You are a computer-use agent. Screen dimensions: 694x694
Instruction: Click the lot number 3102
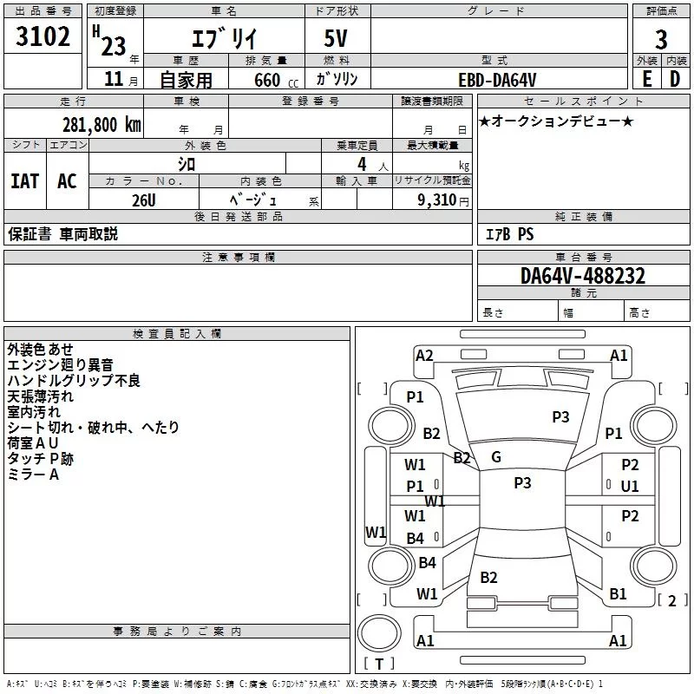point(43,37)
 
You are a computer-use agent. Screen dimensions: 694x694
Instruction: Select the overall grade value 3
point(661,39)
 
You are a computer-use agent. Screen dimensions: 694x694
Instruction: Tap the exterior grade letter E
point(646,78)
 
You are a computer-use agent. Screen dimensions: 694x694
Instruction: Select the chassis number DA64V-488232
point(583,277)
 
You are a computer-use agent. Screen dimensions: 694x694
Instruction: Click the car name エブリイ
point(223,40)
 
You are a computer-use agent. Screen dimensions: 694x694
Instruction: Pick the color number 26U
point(143,200)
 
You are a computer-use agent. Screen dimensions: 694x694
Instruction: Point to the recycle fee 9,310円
point(443,200)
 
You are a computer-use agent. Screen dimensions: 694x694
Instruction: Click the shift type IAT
point(24,180)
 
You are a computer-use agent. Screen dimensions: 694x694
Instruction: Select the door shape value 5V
point(337,40)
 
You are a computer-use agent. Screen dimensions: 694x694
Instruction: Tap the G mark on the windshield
point(496,457)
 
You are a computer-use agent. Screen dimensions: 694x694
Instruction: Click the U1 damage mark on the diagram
point(630,487)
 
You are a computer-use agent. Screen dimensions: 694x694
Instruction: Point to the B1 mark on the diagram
point(618,594)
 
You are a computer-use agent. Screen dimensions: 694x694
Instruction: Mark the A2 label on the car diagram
point(424,355)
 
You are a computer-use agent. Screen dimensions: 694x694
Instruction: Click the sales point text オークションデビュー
point(556,121)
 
